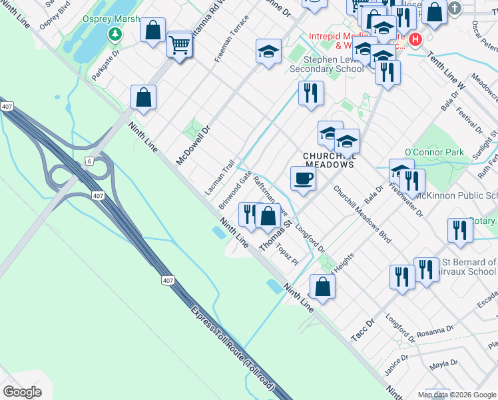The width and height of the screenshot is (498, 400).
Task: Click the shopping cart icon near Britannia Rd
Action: click(180, 45)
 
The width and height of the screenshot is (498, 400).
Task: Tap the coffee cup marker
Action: click(303, 179)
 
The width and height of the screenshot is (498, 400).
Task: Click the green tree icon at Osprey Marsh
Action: click(115, 33)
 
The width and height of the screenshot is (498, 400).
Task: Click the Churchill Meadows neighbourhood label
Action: click(328, 160)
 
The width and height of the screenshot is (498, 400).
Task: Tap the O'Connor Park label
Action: click(434, 153)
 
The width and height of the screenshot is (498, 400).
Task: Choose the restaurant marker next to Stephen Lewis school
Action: click(311, 93)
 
